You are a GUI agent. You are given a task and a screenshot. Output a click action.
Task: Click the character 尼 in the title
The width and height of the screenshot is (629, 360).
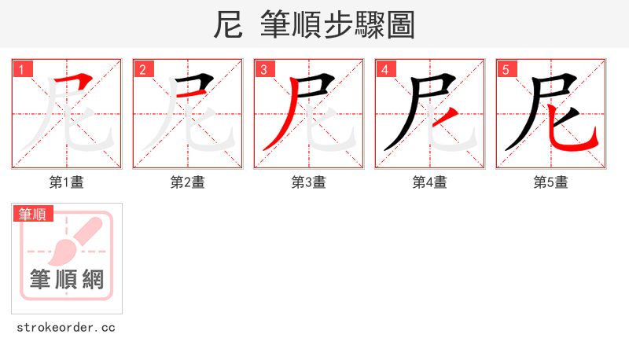click(227, 25)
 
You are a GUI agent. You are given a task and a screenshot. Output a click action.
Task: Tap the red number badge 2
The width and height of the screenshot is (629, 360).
click(143, 70)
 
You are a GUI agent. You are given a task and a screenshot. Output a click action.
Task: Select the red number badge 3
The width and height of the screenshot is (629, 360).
click(264, 70)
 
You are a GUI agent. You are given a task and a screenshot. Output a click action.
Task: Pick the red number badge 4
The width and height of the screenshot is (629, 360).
click(385, 70)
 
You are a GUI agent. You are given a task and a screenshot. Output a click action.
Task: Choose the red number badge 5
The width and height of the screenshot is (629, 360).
click(506, 70)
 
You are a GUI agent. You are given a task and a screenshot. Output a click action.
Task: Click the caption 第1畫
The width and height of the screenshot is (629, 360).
click(67, 182)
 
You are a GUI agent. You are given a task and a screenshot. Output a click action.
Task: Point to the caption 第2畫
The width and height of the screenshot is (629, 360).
click(188, 182)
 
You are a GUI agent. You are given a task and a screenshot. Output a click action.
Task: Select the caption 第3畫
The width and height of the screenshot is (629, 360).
click(309, 182)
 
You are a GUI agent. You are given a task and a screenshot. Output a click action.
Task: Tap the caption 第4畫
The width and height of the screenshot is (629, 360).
click(430, 182)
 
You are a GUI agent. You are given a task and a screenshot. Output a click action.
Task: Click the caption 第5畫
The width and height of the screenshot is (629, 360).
click(551, 182)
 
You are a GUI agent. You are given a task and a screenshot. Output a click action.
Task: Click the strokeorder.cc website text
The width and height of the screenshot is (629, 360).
click(66, 327)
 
